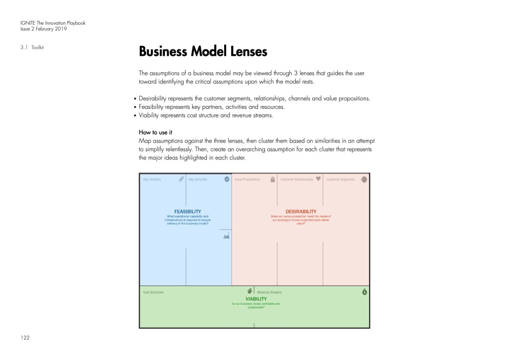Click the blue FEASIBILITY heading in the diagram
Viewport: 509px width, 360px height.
pos(187,211)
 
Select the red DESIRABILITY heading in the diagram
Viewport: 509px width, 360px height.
pos(301,211)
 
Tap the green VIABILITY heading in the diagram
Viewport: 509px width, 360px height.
pos(256,299)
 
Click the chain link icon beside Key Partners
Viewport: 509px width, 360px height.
pos(181,179)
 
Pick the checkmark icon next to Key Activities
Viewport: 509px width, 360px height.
pos(227,179)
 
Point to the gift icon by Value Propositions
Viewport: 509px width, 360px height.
pos(273,180)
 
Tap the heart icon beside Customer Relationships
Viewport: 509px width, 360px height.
pos(319,179)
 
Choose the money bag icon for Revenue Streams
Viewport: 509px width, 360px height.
pos(364,292)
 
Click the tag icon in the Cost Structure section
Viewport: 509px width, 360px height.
pos(250,291)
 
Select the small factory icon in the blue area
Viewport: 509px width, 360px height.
pos(226,237)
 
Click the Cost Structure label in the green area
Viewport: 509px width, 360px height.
pos(153,292)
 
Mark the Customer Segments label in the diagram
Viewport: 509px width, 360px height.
pos(340,180)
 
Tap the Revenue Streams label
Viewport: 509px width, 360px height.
pos(269,292)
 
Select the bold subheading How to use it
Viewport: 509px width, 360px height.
pos(155,132)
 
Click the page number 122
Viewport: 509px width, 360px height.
pos(25,338)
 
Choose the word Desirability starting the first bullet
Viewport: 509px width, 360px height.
pos(156,98)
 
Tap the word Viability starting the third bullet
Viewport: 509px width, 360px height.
pos(150,115)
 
